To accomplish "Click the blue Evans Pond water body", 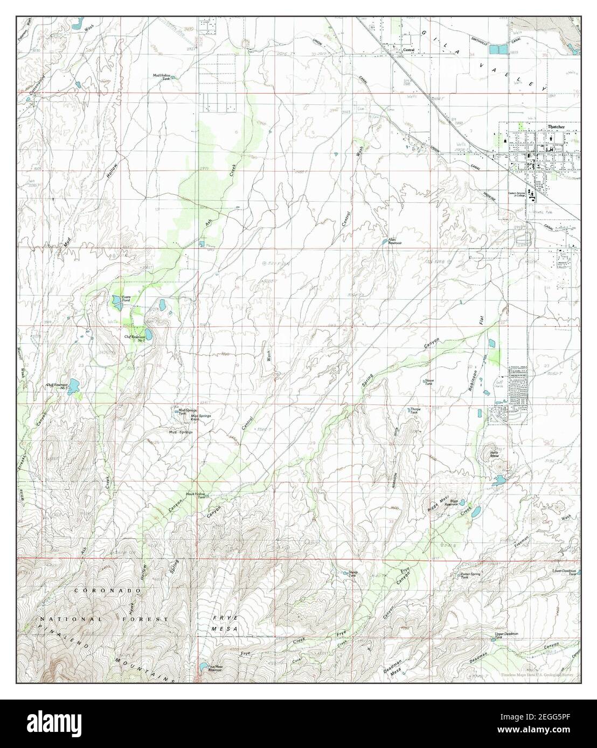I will click(116, 301).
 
